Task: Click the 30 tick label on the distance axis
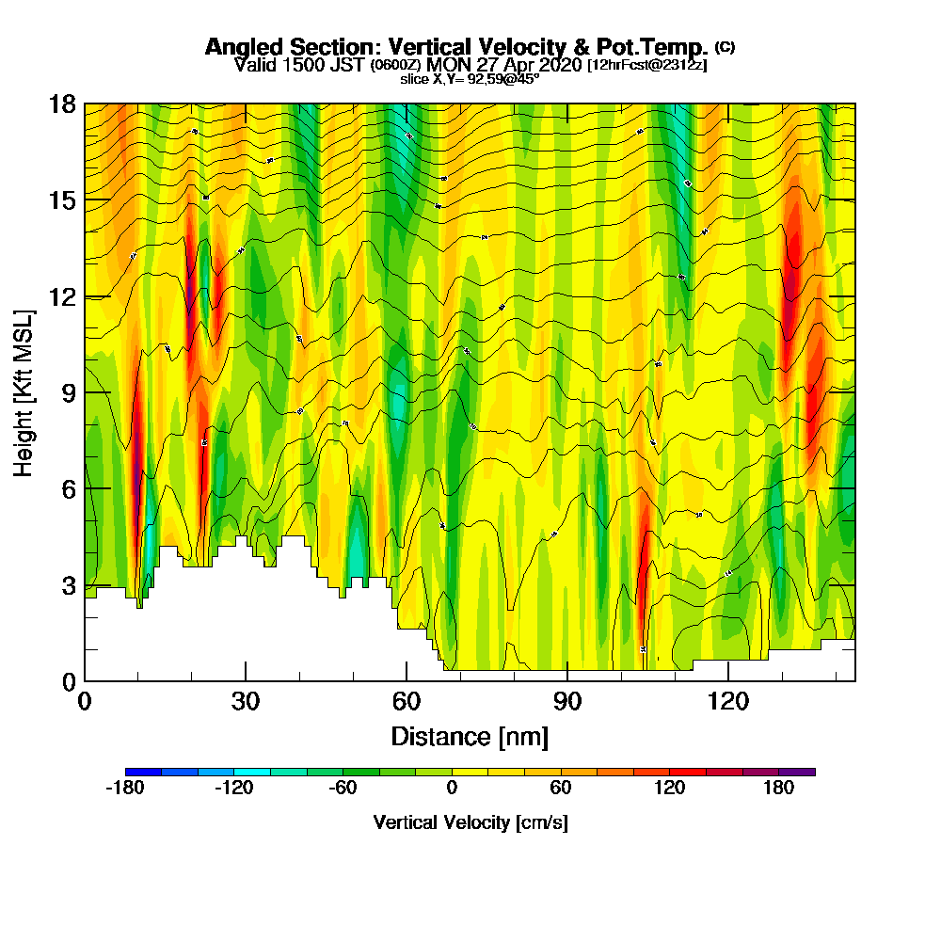(x=246, y=701)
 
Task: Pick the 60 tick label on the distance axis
(x=407, y=701)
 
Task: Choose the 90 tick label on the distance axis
(x=567, y=701)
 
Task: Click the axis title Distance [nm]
(x=470, y=735)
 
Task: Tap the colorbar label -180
(x=124, y=789)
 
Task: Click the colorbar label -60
(x=343, y=789)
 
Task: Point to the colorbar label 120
(x=670, y=789)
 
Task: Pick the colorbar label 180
(x=779, y=789)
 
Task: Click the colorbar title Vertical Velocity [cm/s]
(x=470, y=822)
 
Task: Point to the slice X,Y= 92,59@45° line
(x=470, y=79)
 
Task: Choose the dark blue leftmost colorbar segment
(x=143, y=772)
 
